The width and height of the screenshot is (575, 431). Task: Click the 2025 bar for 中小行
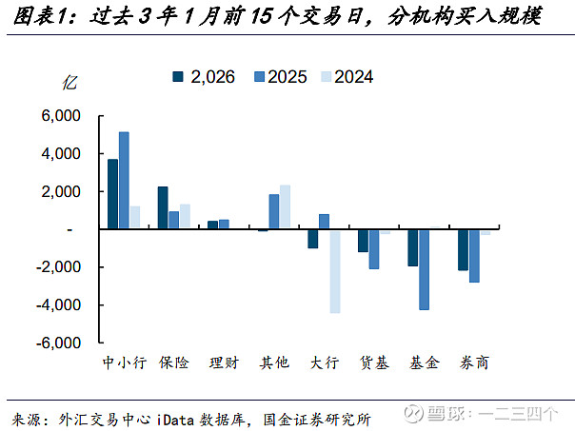coord(124,181)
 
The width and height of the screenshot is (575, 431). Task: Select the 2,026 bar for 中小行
coord(112,194)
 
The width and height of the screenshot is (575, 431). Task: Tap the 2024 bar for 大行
coord(336,271)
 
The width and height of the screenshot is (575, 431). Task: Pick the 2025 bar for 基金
coord(424,269)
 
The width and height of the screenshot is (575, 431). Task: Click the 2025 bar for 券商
coord(474,256)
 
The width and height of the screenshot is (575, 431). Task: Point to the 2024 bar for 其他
coord(285,207)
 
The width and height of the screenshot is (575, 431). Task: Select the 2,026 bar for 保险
coord(163,208)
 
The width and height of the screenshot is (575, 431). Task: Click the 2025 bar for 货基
coord(373,249)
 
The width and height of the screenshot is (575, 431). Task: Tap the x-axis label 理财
coord(224,362)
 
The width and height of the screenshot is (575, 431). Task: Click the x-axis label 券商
coord(475,362)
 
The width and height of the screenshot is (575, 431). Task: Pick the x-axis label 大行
coord(324,362)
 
